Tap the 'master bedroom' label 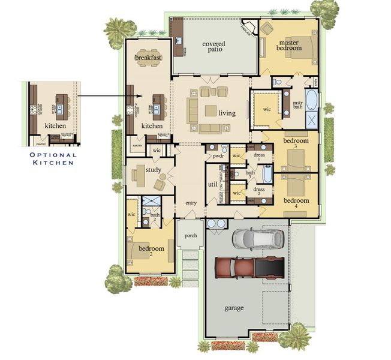[x=288, y=45]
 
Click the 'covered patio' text [x=213, y=47]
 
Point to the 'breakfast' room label [x=148, y=58]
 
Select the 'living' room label [x=227, y=113]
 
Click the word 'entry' [x=191, y=203]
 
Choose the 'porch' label [x=191, y=236]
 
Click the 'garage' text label [x=234, y=308]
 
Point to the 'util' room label [x=212, y=184]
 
